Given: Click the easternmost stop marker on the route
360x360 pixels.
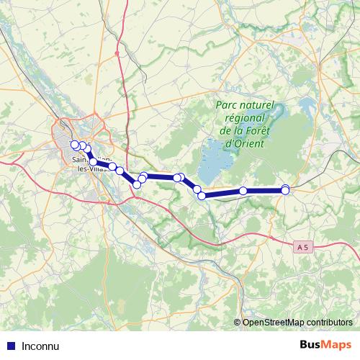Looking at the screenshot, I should pyautogui.click(x=286, y=189).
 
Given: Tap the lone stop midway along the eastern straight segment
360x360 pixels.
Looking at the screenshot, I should pyautogui.click(x=243, y=191).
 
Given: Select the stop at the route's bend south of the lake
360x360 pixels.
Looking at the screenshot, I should pyautogui.click(x=202, y=195).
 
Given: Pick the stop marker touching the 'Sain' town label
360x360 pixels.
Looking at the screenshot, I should pyautogui.click(x=93, y=161).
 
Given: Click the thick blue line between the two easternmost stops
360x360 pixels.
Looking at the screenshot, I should pyautogui.click(x=265, y=190).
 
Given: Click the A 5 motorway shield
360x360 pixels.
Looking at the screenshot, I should pyautogui.click(x=305, y=247).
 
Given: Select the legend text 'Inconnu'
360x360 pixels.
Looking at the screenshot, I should pyautogui.click(x=40, y=345).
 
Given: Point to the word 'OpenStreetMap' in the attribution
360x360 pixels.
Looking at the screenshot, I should pyautogui.click(x=273, y=323).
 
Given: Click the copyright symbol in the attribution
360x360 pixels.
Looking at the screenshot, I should pyautogui.click(x=237, y=323).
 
